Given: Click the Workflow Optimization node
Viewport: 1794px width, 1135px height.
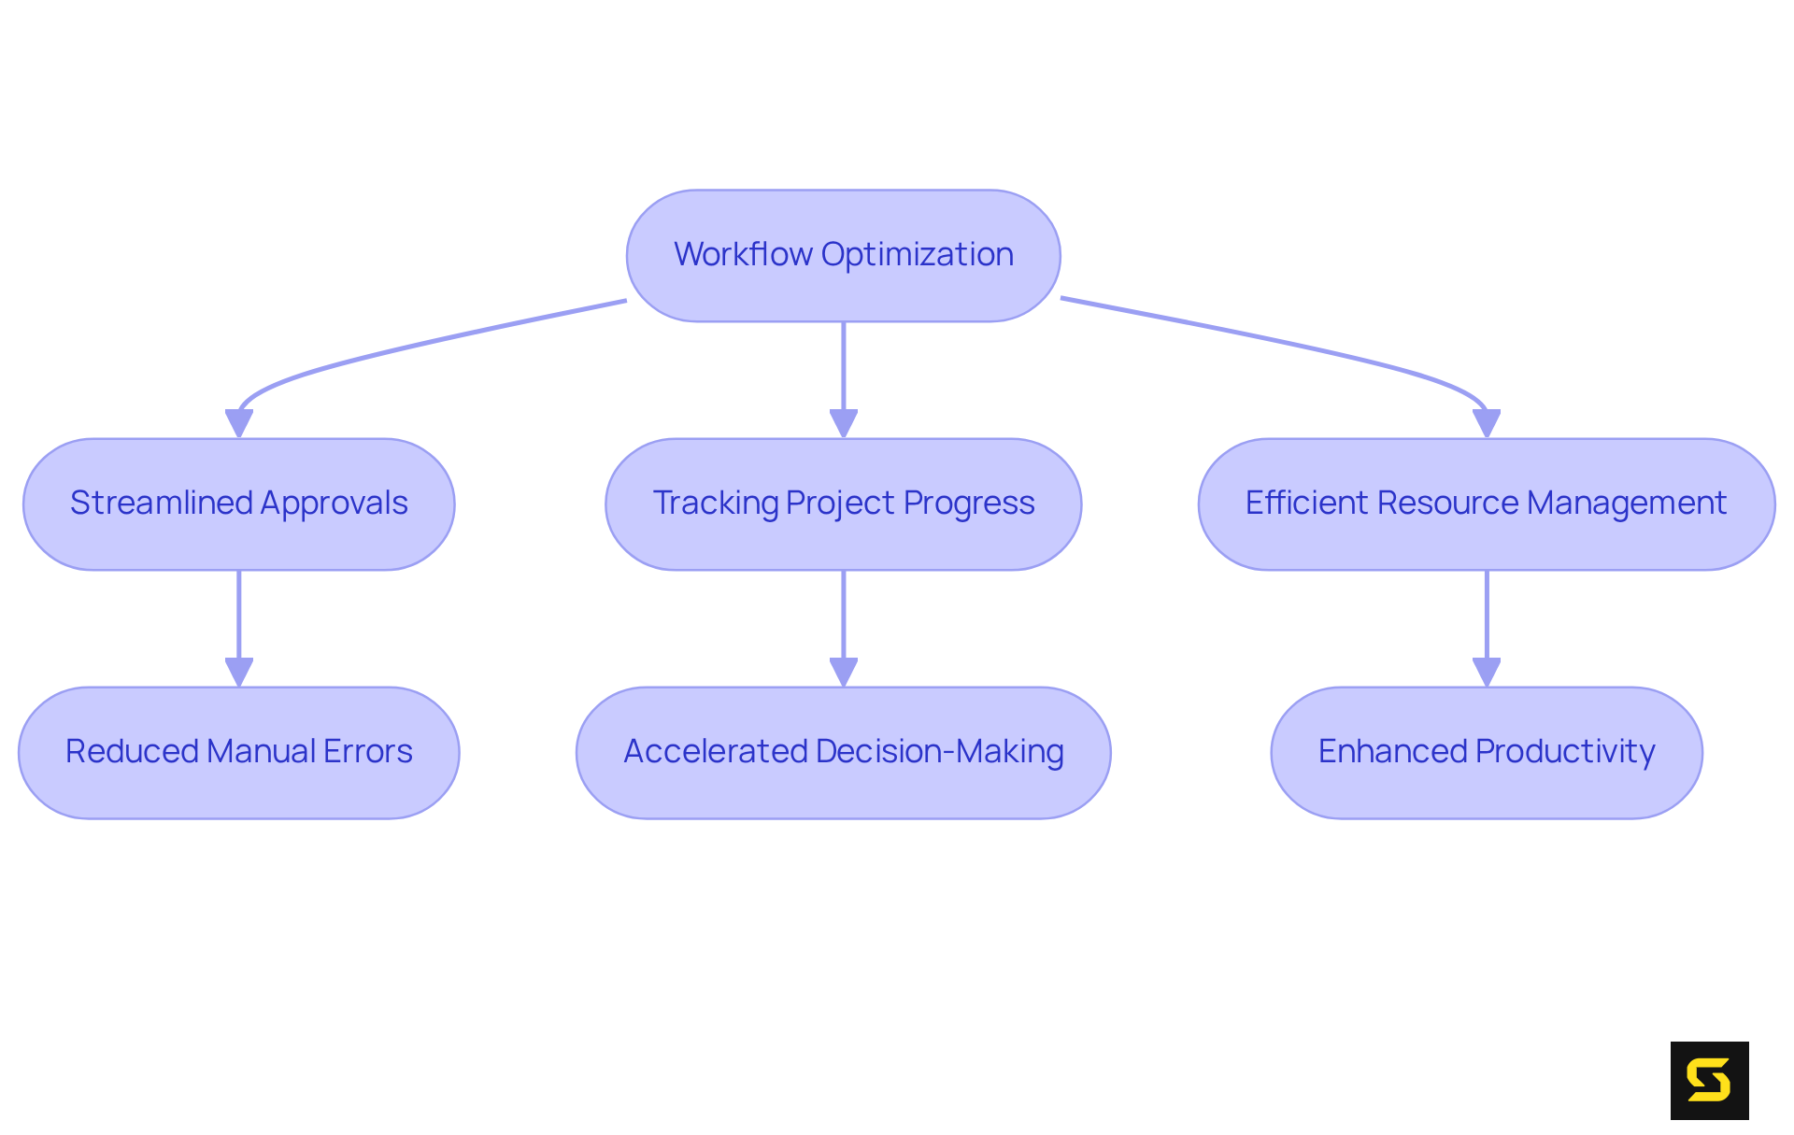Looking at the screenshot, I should point(843,255).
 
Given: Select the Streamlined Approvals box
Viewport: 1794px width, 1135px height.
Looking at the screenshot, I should point(239,504).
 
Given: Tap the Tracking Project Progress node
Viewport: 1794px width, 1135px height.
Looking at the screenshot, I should point(843,504).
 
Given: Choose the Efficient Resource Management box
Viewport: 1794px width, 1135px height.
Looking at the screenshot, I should point(1486,504).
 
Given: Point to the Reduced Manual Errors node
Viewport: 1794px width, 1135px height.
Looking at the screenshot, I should point(239,752).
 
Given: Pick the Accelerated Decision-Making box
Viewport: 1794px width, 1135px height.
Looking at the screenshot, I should point(843,752).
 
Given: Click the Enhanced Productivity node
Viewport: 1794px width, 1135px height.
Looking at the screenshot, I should point(1486,752).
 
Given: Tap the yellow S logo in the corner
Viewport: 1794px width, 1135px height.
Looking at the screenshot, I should point(1709,1080).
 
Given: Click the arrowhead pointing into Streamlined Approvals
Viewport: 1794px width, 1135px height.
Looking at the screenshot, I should point(239,423).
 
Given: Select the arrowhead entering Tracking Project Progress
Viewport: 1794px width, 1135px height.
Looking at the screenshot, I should point(844,423).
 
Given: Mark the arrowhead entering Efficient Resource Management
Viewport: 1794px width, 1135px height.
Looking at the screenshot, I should point(1487,423).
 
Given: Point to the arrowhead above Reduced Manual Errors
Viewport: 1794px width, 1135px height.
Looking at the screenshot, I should point(239,672).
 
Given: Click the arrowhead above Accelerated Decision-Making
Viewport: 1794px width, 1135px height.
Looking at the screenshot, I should point(844,672).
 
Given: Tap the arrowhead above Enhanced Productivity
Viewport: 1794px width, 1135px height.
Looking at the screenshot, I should point(1487,672).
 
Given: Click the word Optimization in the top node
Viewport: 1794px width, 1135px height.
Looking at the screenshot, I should point(918,255).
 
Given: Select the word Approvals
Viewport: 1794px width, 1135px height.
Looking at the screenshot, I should point(335,504).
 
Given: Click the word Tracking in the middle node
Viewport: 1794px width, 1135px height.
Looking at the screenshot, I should point(715,504).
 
